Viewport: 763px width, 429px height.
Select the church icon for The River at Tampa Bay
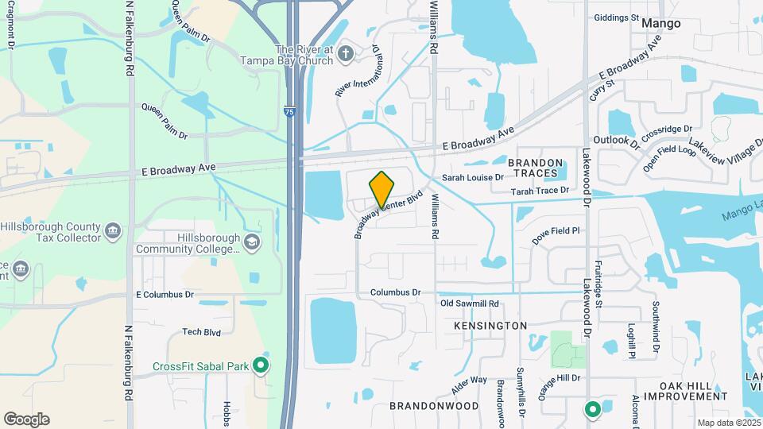345,54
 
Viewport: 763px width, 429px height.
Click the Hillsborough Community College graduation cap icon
252,242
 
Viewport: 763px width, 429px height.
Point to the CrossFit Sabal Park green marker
260,366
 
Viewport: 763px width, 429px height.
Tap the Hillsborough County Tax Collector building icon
113,230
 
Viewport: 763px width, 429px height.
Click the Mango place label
661,23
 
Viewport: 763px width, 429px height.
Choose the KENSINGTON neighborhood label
490,326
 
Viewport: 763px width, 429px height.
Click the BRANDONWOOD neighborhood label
434,405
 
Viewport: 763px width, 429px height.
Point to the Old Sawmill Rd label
470,303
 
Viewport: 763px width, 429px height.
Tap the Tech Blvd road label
201,332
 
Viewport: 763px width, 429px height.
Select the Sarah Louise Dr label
473,178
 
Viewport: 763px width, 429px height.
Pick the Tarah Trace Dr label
540,191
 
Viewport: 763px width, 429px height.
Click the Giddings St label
616,17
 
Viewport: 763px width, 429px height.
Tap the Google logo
26,419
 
